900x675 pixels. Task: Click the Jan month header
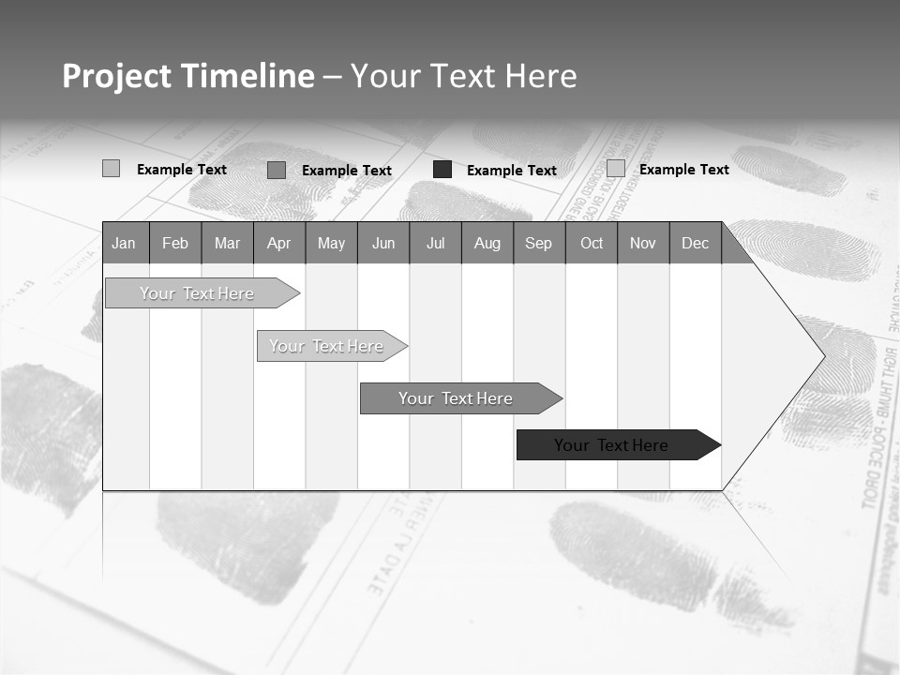coord(125,243)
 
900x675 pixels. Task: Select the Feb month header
coord(175,243)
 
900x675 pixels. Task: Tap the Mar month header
coord(227,243)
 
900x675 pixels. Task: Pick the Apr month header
coord(279,243)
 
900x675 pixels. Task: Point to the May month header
coord(331,243)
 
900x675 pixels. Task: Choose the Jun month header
coord(383,243)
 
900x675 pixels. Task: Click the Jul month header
coord(435,243)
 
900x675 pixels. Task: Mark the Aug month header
coord(487,243)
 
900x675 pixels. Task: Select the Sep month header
coord(539,243)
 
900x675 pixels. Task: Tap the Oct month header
coord(592,243)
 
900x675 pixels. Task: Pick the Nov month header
coord(643,243)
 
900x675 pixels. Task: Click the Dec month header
coord(696,243)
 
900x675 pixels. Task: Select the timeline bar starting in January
coord(197,293)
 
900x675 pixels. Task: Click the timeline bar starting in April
coord(326,346)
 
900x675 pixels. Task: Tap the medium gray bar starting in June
coord(456,398)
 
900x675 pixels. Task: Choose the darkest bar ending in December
coord(611,445)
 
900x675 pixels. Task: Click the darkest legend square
coord(442,170)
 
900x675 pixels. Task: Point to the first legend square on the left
coord(111,169)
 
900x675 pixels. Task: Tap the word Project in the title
coord(117,76)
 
